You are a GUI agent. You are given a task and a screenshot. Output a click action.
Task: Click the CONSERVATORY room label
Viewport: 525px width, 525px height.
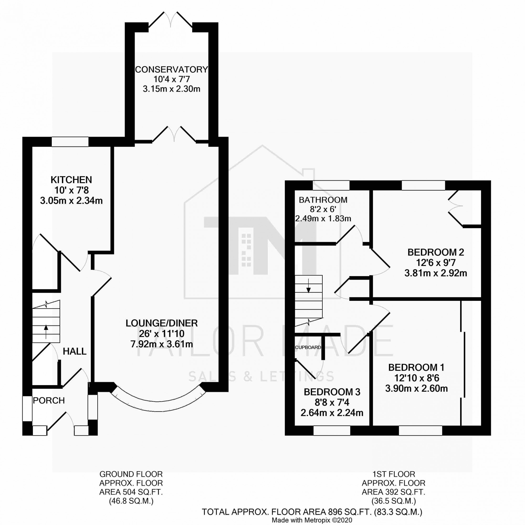pyautogui.click(x=171, y=70)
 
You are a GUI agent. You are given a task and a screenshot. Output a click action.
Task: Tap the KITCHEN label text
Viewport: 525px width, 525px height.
pyautogui.click(x=71, y=180)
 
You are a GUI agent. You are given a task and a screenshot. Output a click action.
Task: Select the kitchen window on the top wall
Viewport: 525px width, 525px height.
pyautogui.click(x=70, y=142)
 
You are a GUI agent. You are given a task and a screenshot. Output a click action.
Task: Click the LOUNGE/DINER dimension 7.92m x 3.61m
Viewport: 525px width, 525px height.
pyautogui.click(x=162, y=344)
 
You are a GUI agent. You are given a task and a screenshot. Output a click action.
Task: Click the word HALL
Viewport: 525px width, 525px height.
pyautogui.click(x=75, y=351)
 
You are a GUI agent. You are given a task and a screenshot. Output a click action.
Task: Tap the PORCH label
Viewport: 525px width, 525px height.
pyautogui.click(x=49, y=400)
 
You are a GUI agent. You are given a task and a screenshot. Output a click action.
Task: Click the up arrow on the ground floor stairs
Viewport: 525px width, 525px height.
pyautogui.click(x=46, y=331)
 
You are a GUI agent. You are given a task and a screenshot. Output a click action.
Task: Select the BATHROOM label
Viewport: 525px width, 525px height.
pyautogui.click(x=323, y=200)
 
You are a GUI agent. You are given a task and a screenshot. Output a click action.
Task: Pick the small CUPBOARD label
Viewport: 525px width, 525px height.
pyautogui.click(x=308, y=347)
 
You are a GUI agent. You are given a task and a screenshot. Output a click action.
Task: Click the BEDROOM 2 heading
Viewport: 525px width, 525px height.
pyautogui.click(x=435, y=252)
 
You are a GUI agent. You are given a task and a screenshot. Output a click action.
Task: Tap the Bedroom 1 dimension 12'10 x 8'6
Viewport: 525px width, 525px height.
pyautogui.click(x=416, y=378)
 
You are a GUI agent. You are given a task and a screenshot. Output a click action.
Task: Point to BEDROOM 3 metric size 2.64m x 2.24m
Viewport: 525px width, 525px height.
pyautogui.click(x=332, y=413)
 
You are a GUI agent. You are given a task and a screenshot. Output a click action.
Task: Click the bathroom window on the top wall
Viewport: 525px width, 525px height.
pyautogui.click(x=331, y=185)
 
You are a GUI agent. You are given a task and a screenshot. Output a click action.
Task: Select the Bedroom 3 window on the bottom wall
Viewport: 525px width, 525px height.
pyautogui.click(x=332, y=430)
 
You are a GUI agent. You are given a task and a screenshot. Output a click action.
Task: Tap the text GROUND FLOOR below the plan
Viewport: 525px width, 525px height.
pyautogui.click(x=131, y=474)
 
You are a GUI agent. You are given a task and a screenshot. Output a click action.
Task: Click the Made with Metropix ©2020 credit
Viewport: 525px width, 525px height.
pyautogui.click(x=312, y=520)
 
